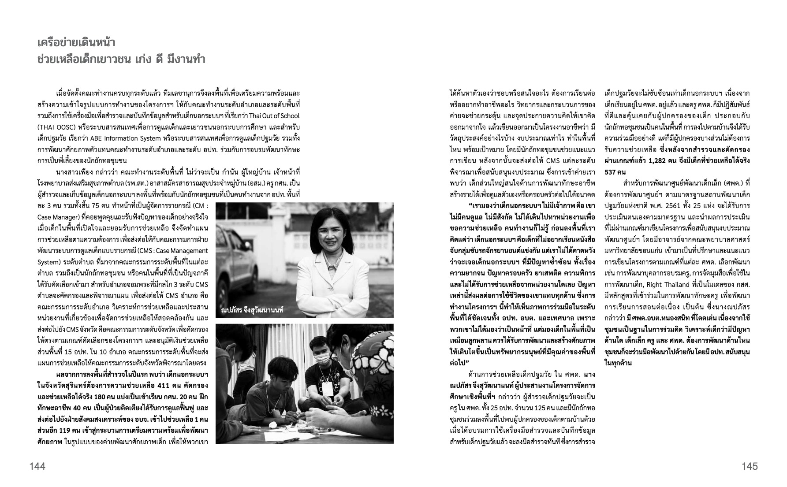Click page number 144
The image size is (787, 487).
point(37,466)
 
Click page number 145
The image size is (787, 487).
point(750,466)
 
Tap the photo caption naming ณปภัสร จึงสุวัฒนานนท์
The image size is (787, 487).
point(252,310)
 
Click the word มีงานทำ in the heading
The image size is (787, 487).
point(187,59)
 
